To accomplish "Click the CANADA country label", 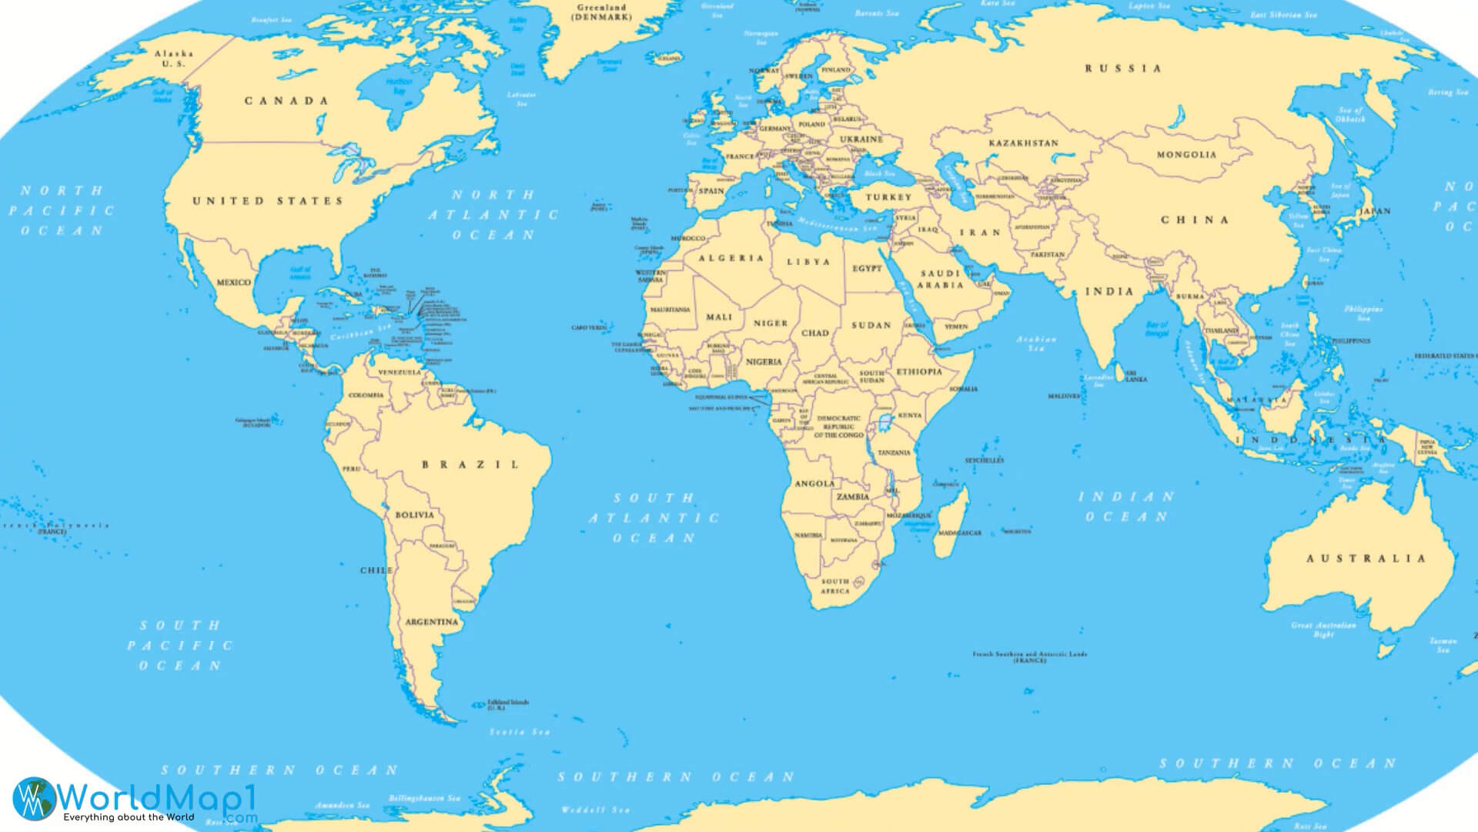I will (x=286, y=101).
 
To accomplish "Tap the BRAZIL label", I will (x=470, y=465).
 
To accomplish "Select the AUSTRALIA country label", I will (x=1366, y=559).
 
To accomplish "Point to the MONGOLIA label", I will (x=1186, y=155).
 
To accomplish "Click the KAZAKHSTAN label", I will (x=1023, y=143).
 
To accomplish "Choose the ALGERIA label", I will (x=731, y=258).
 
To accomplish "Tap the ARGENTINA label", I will (x=431, y=622).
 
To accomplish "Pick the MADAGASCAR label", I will (x=961, y=533).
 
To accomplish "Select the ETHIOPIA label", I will (x=919, y=371).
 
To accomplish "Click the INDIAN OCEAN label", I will (x=1126, y=507).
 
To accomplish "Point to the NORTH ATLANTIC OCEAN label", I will (x=493, y=215).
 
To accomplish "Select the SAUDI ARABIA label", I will (x=940, y=279).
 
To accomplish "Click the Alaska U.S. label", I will (x=174, y=59).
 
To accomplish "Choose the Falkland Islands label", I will (x=508, y=704).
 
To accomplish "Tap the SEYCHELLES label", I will (x=984, y=460).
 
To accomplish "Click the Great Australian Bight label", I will (x=1323, y=629).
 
